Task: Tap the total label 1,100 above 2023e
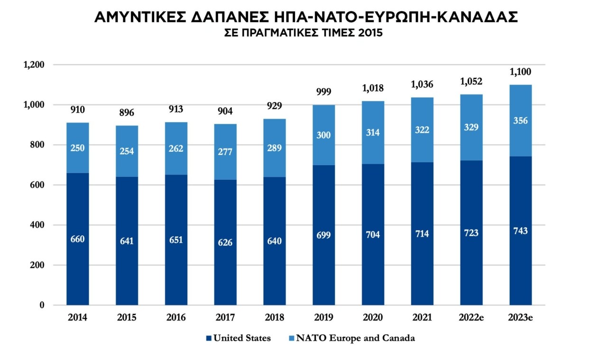(x=521, y=72)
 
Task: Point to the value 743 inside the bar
(x=521, y=231)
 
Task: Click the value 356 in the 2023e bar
(x=521, y=120)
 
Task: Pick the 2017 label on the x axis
(x=225, y=317)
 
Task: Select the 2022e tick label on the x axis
(x=471, y=317)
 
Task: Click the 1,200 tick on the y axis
(x=34, y=65)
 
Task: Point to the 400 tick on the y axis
(x=37, y=225)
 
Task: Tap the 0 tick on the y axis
(x=42, y=305)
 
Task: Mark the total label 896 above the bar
(x=127, y=113)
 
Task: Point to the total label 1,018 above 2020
(x=373, y=88)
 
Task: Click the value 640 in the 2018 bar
(x=275, y=241)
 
